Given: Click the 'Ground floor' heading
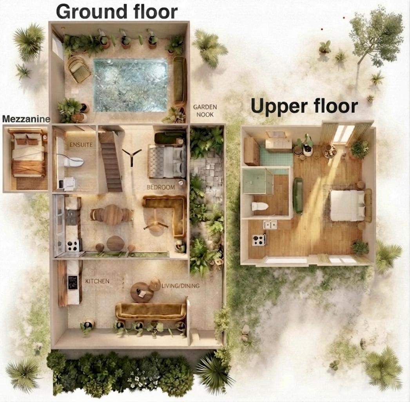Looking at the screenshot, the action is pyautogui.click(x=117, y=12).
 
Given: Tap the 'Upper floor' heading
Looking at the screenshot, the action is pyautogui.click(x=304, y=106).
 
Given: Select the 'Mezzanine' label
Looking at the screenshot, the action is pyautogui.click(x=26, y=119).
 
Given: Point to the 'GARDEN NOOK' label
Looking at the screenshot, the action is pyautogui.click(x=205, y=111).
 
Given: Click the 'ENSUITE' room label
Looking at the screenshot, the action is pyautogui.click(x=81, y=144).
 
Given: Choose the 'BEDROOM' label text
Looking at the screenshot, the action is pyautogui.click(x=161, y=187).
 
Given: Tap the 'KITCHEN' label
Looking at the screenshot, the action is pyautogui.click(x=97, y=281).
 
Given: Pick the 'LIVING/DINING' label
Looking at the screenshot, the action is pyautogui.click(x=180, y=286).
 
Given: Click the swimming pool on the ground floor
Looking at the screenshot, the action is pyautogui.click(x=130, y=85).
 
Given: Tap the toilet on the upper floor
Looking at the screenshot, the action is pyautogui.click(x=259, y=206).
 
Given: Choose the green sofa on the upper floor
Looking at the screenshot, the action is pyautogui.click(x=298, y=195).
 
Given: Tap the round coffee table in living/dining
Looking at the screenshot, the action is pyautogui.click(x=142, y=292).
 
